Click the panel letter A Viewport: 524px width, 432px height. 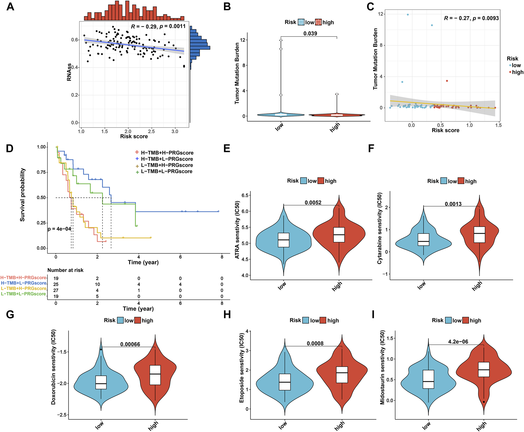click(x=10, y=7)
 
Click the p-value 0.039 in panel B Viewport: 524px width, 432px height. click(x=310, y=33)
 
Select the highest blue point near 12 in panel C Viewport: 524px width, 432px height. click(x=408, y=14)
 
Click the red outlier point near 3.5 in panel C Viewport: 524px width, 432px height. click(x=447, y=81)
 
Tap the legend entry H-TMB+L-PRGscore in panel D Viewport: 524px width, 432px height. click(x=167, y=159)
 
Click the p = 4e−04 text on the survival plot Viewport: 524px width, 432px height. click(x=59, y=229)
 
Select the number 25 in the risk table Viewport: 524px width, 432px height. click(x=56, y=284)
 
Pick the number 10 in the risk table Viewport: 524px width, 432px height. click(x=97, y=284)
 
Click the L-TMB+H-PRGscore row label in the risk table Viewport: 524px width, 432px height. click(x=24, y=288)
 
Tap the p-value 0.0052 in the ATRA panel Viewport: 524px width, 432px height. click(x=313, y=202)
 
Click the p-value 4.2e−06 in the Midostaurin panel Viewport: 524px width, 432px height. click(x=458, y=342)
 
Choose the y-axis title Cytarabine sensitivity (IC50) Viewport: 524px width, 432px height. click(x=380, y=228)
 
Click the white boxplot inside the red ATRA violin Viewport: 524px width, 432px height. click(x=339, y=235)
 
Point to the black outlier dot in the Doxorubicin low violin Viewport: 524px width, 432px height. click(x=101, y=349)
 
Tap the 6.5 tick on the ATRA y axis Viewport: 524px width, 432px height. click(x=245, y=195)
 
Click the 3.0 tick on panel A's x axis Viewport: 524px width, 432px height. click(x=175, y=131)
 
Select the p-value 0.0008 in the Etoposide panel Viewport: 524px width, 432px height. click(x=315, y=343)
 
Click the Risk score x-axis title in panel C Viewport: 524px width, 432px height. click(x=445, y=130)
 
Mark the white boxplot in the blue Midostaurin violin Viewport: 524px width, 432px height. click(x=428, y=379)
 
